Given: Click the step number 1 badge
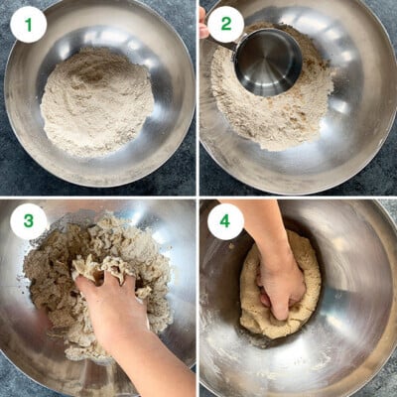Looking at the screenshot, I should (28, 24).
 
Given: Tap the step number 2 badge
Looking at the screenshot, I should (225, 24).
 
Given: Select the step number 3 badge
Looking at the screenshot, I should (28, 221).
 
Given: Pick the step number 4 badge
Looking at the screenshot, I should (225, 221).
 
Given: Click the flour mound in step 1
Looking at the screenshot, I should (97, 102).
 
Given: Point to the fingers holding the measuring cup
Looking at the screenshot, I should (203, 22).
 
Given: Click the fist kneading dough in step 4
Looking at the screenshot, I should (283, 288).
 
